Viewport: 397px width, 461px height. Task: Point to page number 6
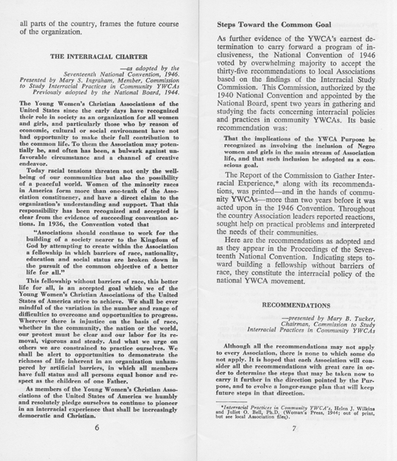tap(96, 446)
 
